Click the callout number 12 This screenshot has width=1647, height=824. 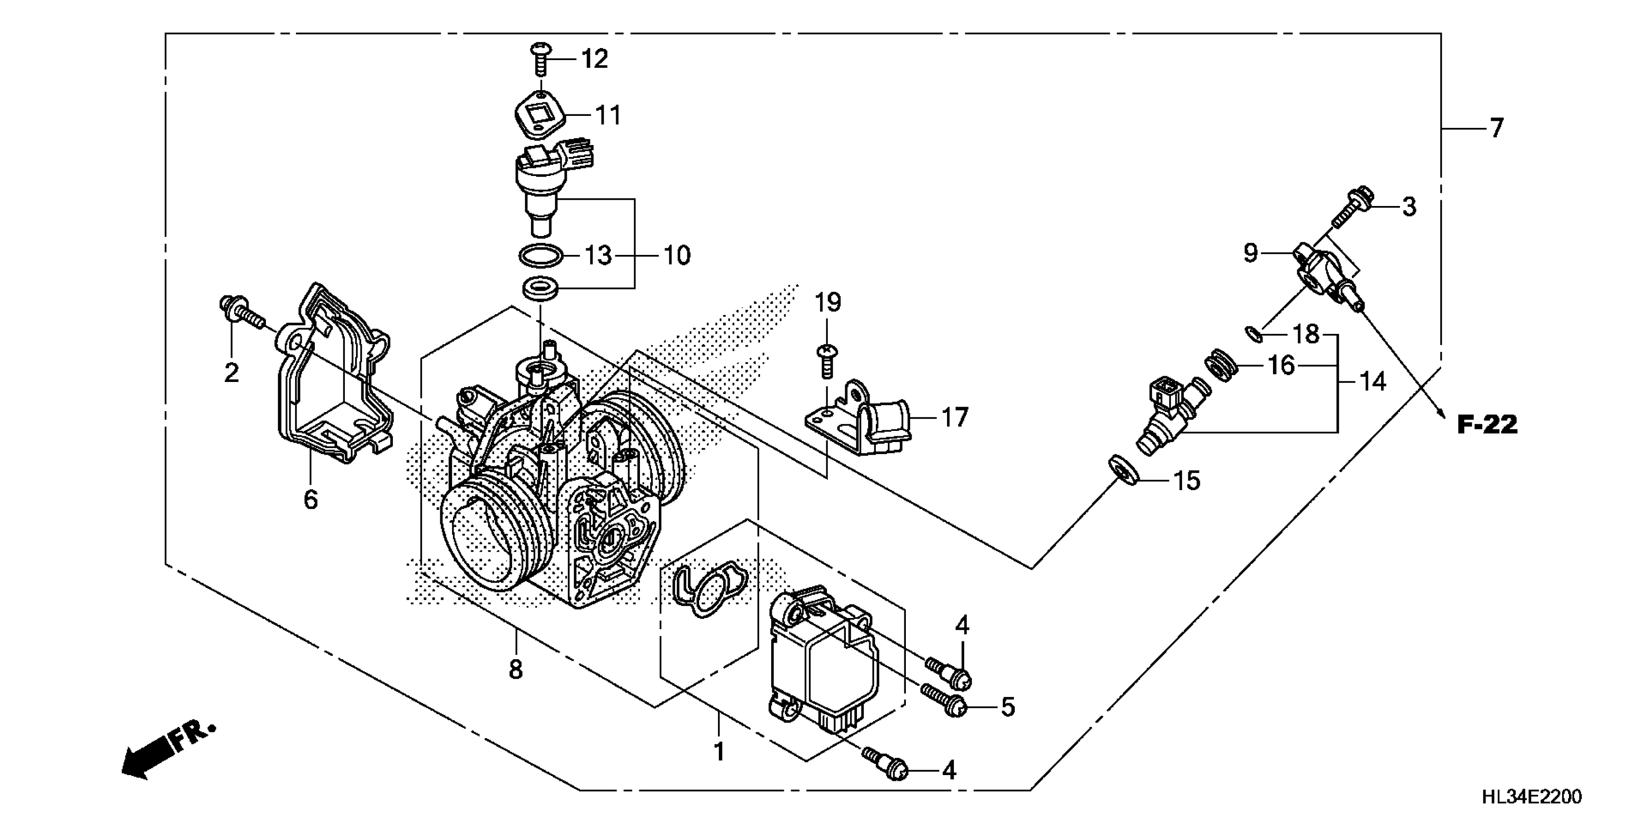point(594,59)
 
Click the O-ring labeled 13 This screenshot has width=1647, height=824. point(540,256)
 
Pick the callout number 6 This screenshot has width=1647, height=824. point(311,500)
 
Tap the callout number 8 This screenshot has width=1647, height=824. point(516,670)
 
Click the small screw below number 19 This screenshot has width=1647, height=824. point(827,362)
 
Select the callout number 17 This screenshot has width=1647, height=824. point(955,418)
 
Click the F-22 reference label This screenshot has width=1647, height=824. point(1487,425)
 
